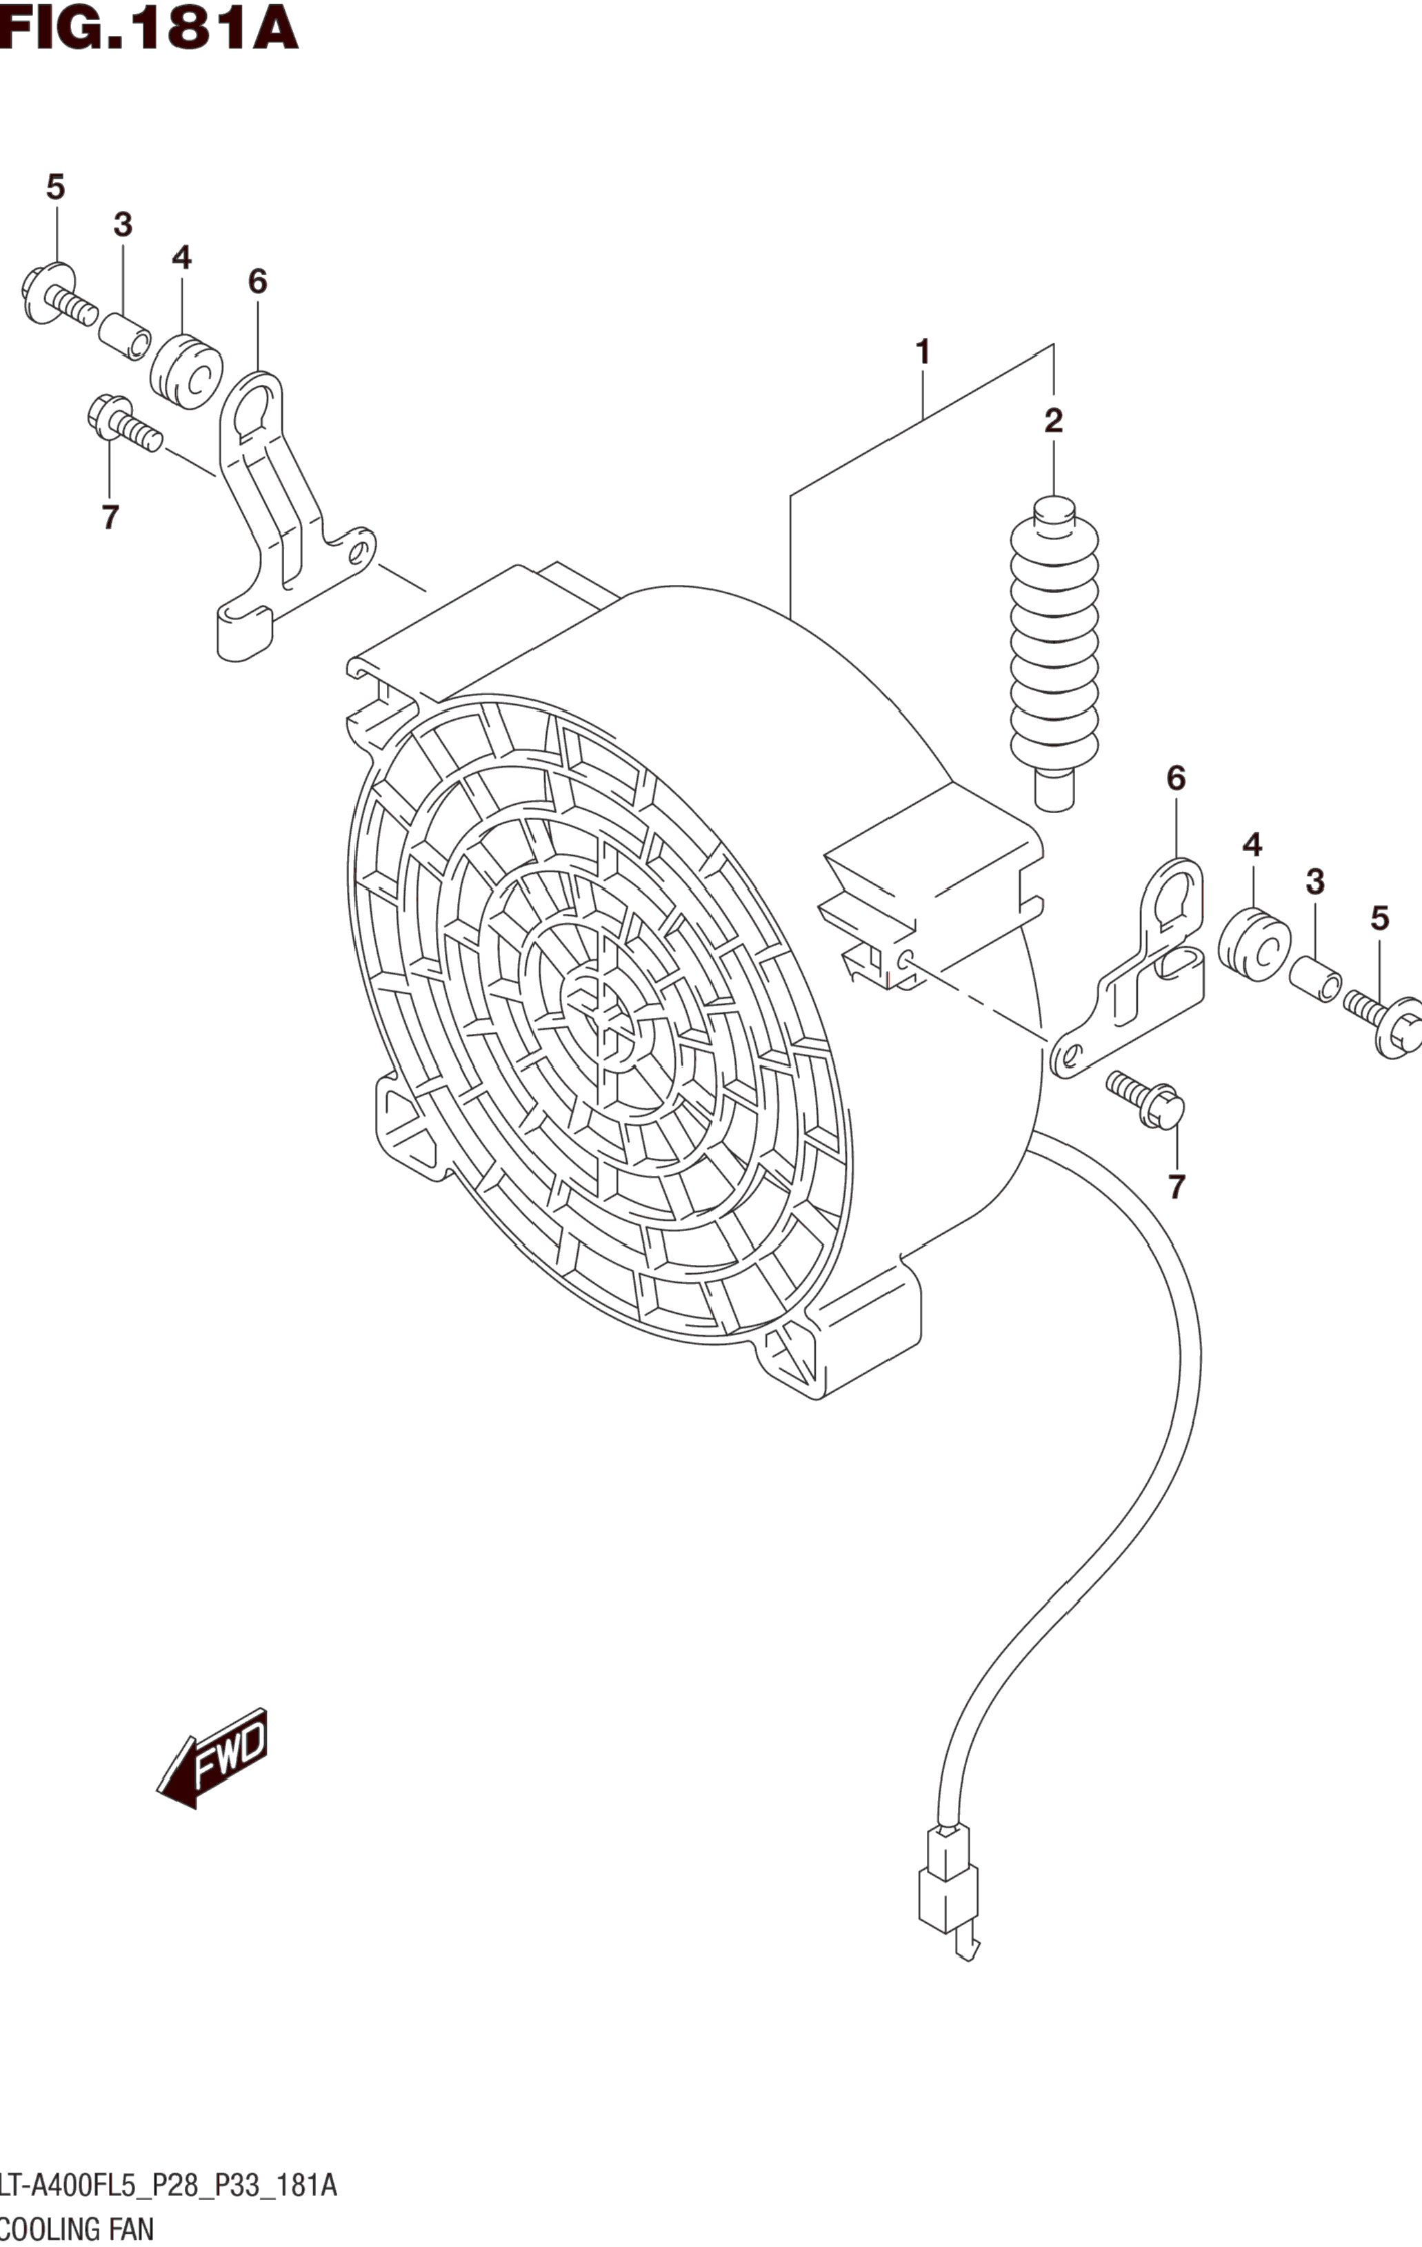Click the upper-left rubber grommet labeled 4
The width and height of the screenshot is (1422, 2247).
(x=186, y=371)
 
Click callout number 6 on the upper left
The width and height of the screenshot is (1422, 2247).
(x=257, y=282)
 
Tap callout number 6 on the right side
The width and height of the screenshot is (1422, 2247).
(x=1176, y=778)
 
